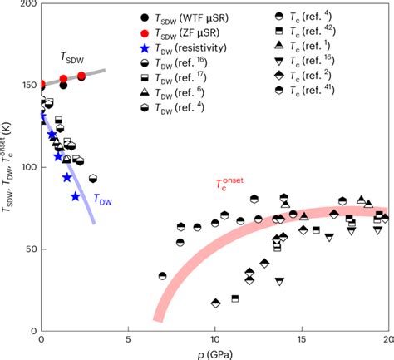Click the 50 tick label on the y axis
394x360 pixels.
coord(29,249)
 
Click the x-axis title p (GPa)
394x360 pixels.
coord(215,353)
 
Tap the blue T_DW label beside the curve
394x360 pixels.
coord(102,200)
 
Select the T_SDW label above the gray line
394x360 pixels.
coord(72,57)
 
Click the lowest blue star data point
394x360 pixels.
coord(76,196)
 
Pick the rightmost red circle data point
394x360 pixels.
coord(81,76)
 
